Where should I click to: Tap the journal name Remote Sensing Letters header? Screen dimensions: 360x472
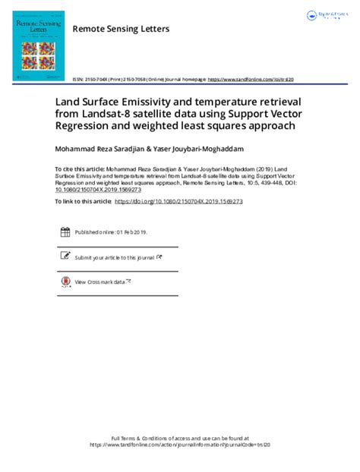(x=121, y=29)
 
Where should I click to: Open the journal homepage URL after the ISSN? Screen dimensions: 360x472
(x=251, y=79)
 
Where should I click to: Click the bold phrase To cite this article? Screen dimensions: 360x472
(x=79, y=169)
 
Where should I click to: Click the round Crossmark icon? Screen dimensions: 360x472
(x=65, y=282)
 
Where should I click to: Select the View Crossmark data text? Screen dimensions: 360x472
(x=99, y=282)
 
